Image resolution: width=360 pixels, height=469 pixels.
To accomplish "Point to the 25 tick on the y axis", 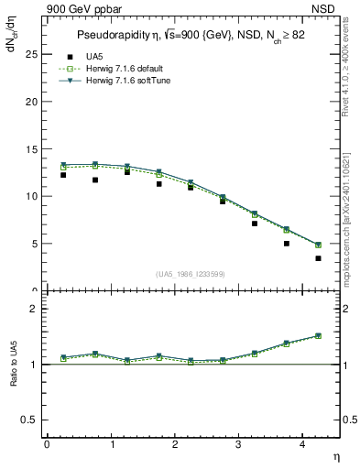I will click(x=30, y=54).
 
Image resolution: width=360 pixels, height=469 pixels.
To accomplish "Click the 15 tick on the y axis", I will click(x=30, y=148).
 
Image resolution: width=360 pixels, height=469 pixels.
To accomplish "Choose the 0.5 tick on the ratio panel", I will click(x=28, y=420).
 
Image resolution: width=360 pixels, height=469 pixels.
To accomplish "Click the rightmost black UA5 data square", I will click(x=318, y=258).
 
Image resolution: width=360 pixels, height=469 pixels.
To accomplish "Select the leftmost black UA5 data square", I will click(x=63, y=174).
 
